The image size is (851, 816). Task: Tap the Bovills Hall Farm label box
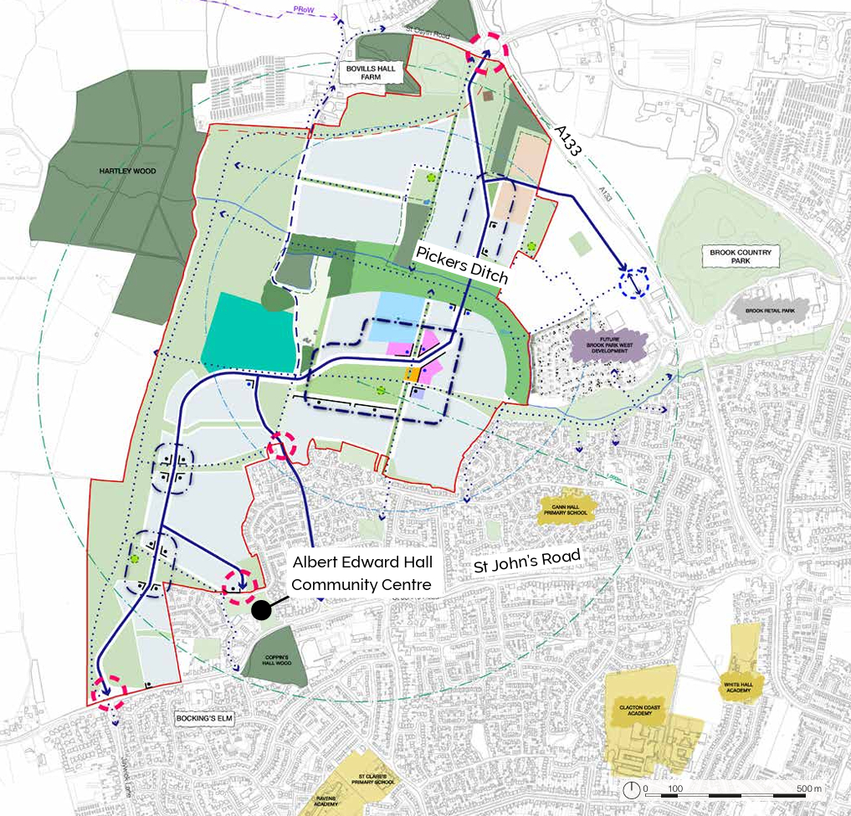[x=372, y=72]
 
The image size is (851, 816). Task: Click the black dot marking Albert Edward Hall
[x=262, y=608]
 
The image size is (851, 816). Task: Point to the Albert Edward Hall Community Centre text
[x=361, y=574]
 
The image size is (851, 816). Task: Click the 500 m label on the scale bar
[x=808, y=788]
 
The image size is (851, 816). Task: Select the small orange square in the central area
[x=412, y=375]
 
